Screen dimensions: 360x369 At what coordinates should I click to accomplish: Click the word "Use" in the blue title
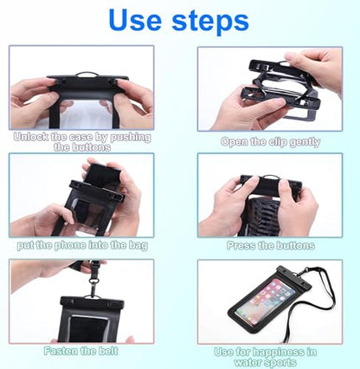135,20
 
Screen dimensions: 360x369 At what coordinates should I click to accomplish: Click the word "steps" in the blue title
210,21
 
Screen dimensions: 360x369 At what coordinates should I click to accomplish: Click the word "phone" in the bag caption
70,245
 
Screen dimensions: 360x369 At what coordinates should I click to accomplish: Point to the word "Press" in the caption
241,245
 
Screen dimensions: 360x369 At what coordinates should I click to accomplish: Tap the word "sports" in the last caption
281,362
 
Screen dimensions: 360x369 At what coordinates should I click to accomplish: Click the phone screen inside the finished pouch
266,301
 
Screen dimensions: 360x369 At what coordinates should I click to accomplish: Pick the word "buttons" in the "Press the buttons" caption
295,245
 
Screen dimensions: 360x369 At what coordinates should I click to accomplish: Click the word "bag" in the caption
139,246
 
